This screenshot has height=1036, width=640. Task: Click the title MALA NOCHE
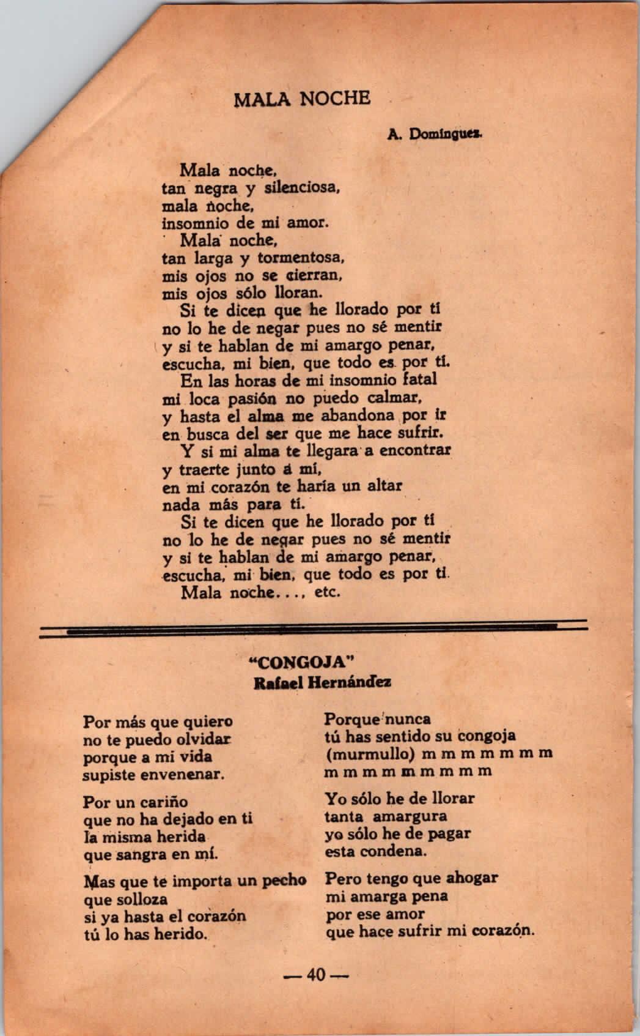(302, 98)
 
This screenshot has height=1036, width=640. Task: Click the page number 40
(316, 974)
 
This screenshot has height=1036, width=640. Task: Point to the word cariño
(161, 802)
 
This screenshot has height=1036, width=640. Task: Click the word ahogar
(464, 878)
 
